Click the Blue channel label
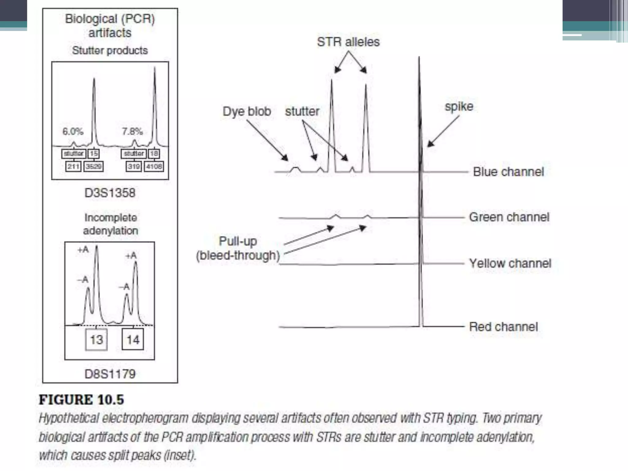[x=508, y=172]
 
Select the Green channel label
[x=509, y=217]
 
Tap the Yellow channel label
[x=510, y=263]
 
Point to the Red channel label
[x=503, y=327]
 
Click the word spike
[x=459, y=106]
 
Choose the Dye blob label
[x=247, y=111]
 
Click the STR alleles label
[x=348, y=42]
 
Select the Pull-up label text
[x=238, y=241]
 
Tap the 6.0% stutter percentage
[x=73, y=132]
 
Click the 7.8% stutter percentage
[x=132, y=132]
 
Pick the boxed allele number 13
[x=96, y=339]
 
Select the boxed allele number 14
[x=133, y=339]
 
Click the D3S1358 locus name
[x=110, y=193]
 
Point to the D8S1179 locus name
[x=110, y=374]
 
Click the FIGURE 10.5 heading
[x=81, y=400]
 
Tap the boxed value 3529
[x=94, y=167]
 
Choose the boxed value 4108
[x=154, y=167]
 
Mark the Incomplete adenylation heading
[x=110, y=224]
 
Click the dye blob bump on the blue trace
[x=295, y=169]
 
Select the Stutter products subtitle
[x=110, y=50]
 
